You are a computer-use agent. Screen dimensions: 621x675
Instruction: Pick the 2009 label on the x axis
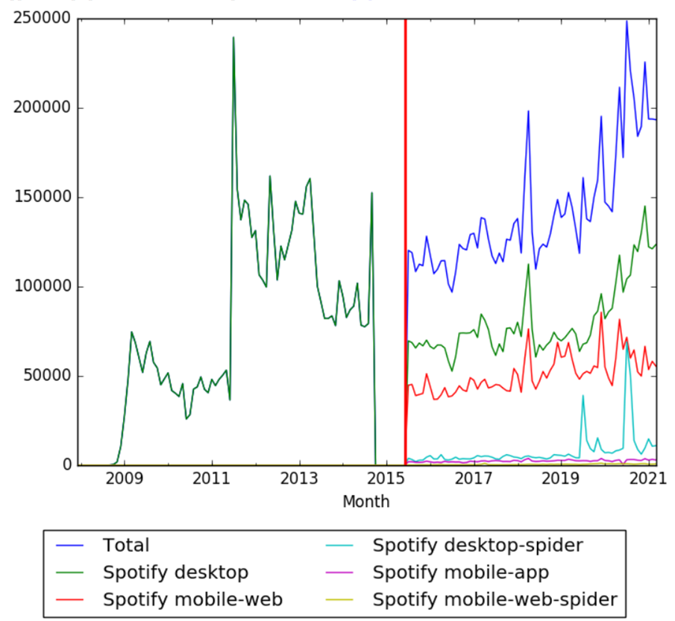click(x=125, y=479)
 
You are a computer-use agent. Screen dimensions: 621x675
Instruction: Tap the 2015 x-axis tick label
click(x=386, y=479)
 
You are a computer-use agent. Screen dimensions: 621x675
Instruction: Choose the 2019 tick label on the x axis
click(x=560, y=479)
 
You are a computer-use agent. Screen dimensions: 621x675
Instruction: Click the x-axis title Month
click(x=365, y=502)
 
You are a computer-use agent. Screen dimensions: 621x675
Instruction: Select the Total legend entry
click(x=126, y=546)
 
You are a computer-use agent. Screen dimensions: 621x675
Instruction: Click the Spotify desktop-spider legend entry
click(x=477, y=546)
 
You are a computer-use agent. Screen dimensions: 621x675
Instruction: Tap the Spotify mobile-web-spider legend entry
click(x=495, y=599)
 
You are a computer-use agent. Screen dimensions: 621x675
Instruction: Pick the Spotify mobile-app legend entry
click(x=461, y=573)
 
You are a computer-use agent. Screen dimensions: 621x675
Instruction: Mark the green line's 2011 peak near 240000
click(x=233, y=37)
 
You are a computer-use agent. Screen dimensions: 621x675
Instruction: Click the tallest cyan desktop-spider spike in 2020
click(x=627, y=343)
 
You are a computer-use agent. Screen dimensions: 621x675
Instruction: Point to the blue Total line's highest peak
click(x=627, y=21)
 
